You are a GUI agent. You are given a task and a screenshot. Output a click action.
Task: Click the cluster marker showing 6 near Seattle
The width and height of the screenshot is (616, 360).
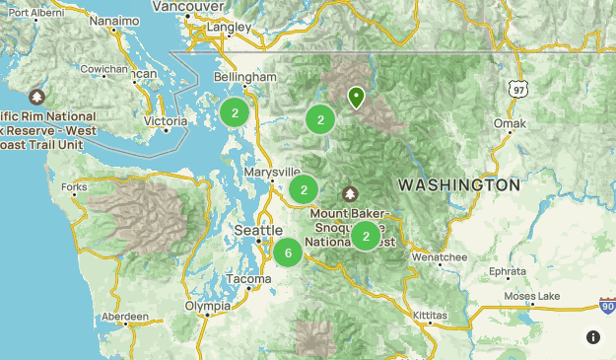(x=288, y=252)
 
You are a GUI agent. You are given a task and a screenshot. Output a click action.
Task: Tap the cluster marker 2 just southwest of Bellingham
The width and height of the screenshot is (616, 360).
(x=235, y=112)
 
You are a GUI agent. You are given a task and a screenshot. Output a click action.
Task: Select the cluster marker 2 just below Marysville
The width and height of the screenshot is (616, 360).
(x=305, y=189)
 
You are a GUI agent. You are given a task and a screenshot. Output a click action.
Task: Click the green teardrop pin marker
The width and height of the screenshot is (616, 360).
(x=356, y=97)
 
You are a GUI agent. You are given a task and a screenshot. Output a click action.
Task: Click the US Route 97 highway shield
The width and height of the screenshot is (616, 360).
(x=519, y=89)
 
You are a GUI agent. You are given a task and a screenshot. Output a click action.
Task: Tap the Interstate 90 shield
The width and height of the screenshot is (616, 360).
(x=607, y=309)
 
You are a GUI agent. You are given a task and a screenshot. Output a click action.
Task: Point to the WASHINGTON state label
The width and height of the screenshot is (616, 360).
(x=458, y=185)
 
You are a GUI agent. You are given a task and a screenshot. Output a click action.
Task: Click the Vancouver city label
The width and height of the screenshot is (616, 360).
(x=189, y=7)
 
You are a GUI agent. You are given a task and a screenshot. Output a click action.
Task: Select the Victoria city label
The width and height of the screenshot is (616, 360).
(x=164, y=121)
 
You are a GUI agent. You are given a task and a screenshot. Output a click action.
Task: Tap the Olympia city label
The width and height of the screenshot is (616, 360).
(x=208, y=307)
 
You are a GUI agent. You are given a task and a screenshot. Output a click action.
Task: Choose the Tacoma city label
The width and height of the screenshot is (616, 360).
(x=247, y=280)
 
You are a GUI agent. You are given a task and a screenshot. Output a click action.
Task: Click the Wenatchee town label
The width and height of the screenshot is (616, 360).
(x=440, y=257)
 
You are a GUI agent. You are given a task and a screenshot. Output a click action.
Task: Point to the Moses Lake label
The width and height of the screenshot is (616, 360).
(x=531, y=296)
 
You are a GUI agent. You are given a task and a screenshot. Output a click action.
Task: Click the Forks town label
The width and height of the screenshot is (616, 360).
(x=73, y=187)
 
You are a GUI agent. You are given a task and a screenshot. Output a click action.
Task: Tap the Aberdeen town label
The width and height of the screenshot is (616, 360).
(x=124, y=318)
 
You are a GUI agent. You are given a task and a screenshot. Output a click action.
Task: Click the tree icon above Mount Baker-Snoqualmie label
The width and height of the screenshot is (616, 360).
(x=349, y=193)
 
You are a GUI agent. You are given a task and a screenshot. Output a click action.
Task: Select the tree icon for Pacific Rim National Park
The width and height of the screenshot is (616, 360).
(x=37, y=97)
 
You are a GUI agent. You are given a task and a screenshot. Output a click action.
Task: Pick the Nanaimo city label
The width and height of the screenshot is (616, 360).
(x=113, y=20)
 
